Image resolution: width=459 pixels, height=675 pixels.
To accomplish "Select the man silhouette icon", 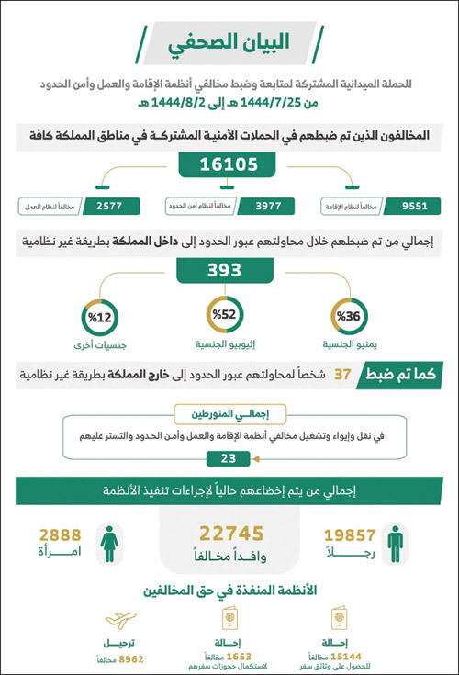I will [395, 544].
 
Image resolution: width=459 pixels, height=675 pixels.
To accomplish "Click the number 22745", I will [231, 534].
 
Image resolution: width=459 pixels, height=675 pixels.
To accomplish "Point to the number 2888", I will [60, 535].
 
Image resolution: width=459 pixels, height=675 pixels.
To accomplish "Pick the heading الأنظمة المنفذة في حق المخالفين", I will [229, 593].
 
